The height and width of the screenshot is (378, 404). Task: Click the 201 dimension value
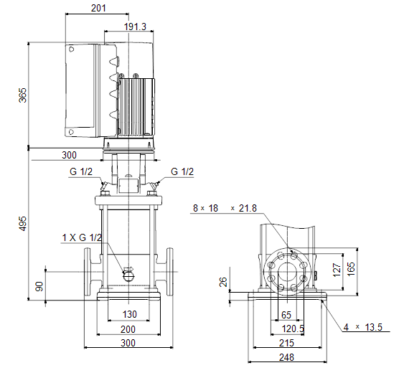tap(98, 8)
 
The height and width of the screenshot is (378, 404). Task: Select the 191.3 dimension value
tap(135, 27)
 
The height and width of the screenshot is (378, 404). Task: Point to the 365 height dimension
tap(23, 95)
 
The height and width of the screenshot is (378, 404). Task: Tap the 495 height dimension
tap(23, 224)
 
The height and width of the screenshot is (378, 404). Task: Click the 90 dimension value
tap(39, 286)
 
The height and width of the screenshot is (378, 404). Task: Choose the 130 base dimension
tap(130, 314)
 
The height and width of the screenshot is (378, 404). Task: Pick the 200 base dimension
tap(128, 329)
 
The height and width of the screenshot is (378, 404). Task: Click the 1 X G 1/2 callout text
tap(82, 237)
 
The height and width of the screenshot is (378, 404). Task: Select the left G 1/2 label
tap(81, 171)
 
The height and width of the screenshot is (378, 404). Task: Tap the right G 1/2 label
tap(182, 171)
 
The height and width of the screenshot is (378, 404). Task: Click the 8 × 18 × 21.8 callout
tap(225, 208)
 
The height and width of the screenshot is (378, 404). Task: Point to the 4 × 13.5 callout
tap(363, 327)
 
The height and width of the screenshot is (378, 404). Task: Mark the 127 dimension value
tap(337, 270)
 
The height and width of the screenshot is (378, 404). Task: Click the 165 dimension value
tap(351, 269)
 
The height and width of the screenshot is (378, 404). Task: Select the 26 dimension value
tap(223, 282)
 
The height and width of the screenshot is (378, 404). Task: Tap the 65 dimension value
tap(286, 315)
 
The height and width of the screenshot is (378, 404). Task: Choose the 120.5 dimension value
tap(293, 329)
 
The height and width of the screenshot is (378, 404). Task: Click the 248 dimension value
tap(286, 357)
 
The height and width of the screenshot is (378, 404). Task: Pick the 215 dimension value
tap(286, 343)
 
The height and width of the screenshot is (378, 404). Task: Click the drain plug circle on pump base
tap(128, 276)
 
